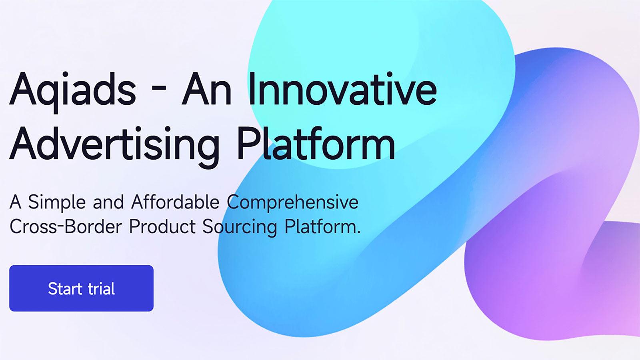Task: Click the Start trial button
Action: pyautogui.click(x=81, y=288)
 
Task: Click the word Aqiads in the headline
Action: pyautogui.click(x=72, y=90)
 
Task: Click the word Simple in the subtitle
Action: pyautogui.click(x=57, y=202)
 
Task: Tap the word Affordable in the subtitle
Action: pyautogui.click(x=175, y=202)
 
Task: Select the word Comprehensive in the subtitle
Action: pyautogui.click(x=292, y=202)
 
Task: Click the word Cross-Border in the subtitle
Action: pyautogui.click(x=66, y=226)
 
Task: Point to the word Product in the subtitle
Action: pyautogui.click(x=162, y=226)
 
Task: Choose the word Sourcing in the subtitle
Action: pyautogui.click(x=240, y=227)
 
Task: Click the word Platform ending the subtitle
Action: pyautogui.click(x=322, y=226)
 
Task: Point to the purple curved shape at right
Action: pyautogui.click(x=560, y=260)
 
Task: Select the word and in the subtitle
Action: pyautogui.click(x=108, y=202)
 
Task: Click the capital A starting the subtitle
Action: pyautogui.click(x=15, y=202)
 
